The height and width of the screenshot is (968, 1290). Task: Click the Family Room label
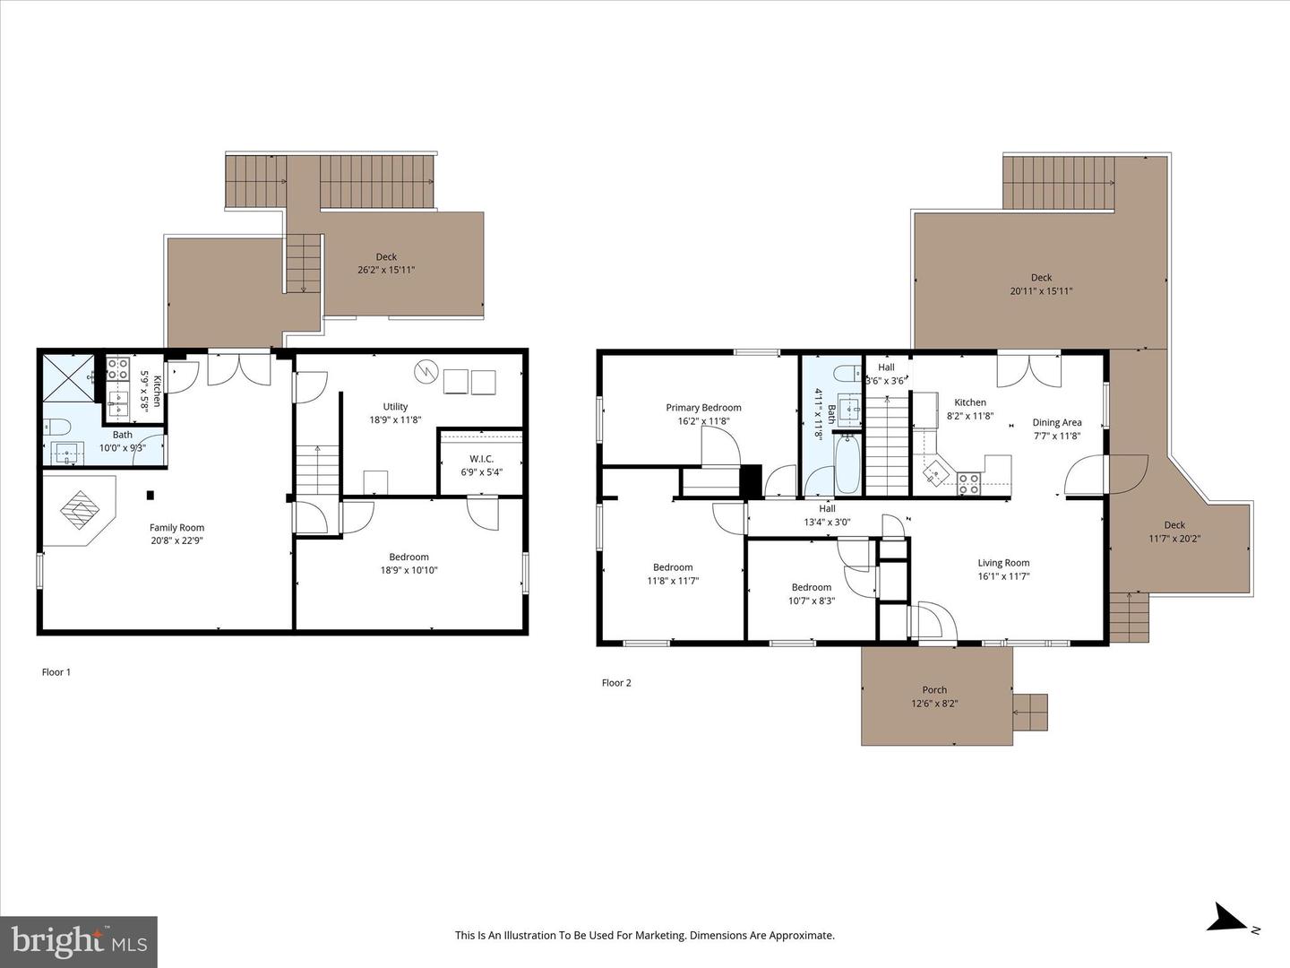pyautogui.click(x=176, y=528)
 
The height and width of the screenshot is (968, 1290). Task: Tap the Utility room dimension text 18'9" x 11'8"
pyautogui.click(x=395, y=419)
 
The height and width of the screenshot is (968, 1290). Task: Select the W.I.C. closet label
pyautogui.click(x=481, y=459)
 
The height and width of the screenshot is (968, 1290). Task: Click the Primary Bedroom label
pyautogui.click(x=703, y=408)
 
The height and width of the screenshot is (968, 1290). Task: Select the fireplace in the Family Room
pyautogui.click(x=79, y=510)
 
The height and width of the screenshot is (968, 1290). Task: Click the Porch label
pyautogui.click(x=934, y=690)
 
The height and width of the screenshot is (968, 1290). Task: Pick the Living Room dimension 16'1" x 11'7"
pyautogui.click(x=1003, y=576)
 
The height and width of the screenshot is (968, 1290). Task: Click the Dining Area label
pyautogui.click(x=1057, y=422)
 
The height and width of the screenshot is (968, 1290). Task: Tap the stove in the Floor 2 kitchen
pyautogui.click(x=968, y=484)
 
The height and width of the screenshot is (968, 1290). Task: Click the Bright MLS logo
pyautogui.click(x=79, y=941)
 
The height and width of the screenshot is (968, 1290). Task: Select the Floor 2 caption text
pyautogui.click(x=616, y=683)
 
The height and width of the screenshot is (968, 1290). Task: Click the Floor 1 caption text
pyautogui.click(x=56, y=672)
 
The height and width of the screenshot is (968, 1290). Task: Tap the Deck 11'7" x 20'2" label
pyautogui.click(x=1174, y=532)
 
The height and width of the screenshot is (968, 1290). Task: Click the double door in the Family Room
pyautogui.click(x=239, y=369)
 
